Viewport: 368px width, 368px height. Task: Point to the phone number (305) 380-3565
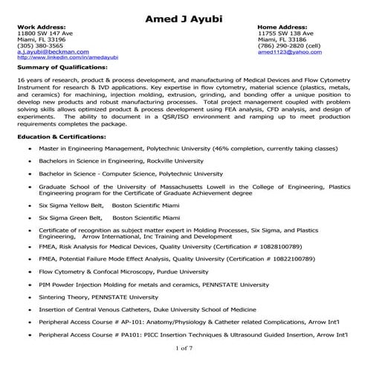tap(40, 46)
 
